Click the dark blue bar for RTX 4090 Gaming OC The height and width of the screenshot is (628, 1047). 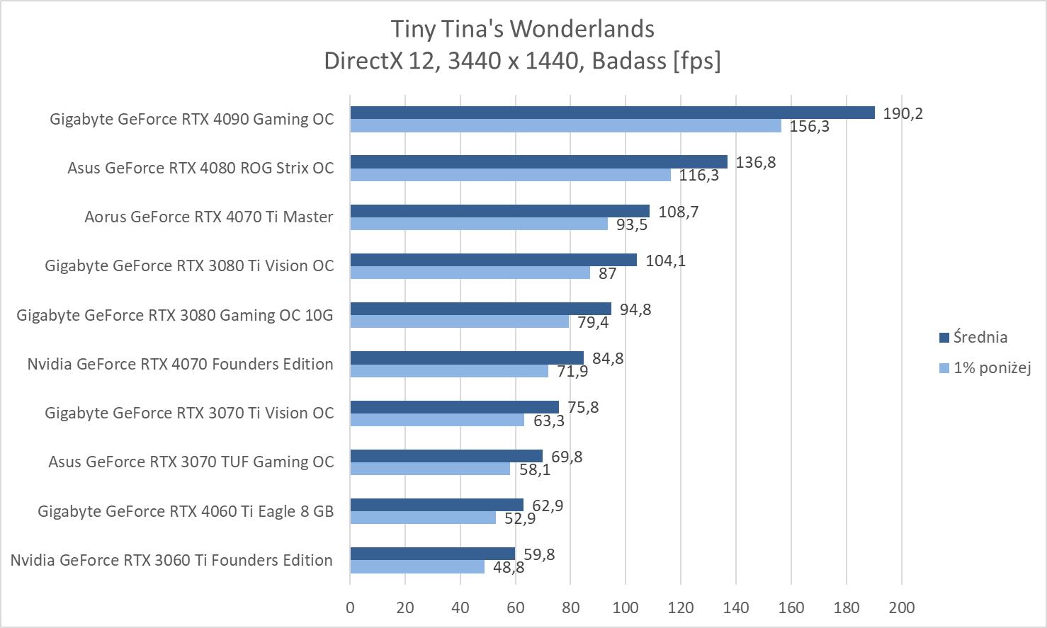(x=612, y=113)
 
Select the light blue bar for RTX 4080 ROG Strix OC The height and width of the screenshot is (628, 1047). (x=510, y=175)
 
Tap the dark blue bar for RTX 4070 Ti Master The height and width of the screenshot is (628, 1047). (x=499, y=211)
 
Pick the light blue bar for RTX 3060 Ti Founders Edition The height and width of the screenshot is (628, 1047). (x=417, y=566)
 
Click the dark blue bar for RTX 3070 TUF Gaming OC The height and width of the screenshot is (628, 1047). (x=446, y=456)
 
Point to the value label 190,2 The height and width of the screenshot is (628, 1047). (x=902, y=114)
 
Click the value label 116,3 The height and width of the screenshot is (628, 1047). (x=698, y=176)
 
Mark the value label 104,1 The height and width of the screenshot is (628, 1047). (x=665, y=261)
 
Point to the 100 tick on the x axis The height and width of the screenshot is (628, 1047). (x=626, y=607)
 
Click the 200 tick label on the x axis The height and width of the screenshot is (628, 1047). (x=902, y=607)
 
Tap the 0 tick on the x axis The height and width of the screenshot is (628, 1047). (x=350, y=607)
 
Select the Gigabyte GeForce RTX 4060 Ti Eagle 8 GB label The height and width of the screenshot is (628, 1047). (x=186, y=511)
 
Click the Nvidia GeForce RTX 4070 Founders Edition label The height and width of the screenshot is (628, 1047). (x=180, y=364)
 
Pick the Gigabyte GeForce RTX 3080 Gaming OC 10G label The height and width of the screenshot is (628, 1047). (x=175, y=315)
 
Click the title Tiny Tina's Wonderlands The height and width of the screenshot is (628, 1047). (x=523, y=29)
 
